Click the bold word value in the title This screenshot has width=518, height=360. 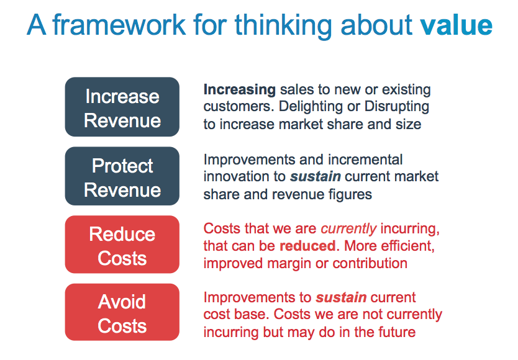[x=457, y=25]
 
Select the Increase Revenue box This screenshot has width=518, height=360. [x=122, y=107]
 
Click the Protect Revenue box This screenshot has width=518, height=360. [x=122, y=176]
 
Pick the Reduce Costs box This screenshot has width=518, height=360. [x=122, y=245]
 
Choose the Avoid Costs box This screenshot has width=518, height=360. [x=122, y=312]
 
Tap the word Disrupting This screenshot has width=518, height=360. [x=397, y=107]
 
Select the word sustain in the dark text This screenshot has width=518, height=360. [x=316, y=177]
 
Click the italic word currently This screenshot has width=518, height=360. [x=348, y=229]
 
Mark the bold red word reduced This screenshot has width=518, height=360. [x=307, y=246]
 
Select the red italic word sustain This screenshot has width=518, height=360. [x=341, y=297]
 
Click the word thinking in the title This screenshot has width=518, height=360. [x=283, y=26]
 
